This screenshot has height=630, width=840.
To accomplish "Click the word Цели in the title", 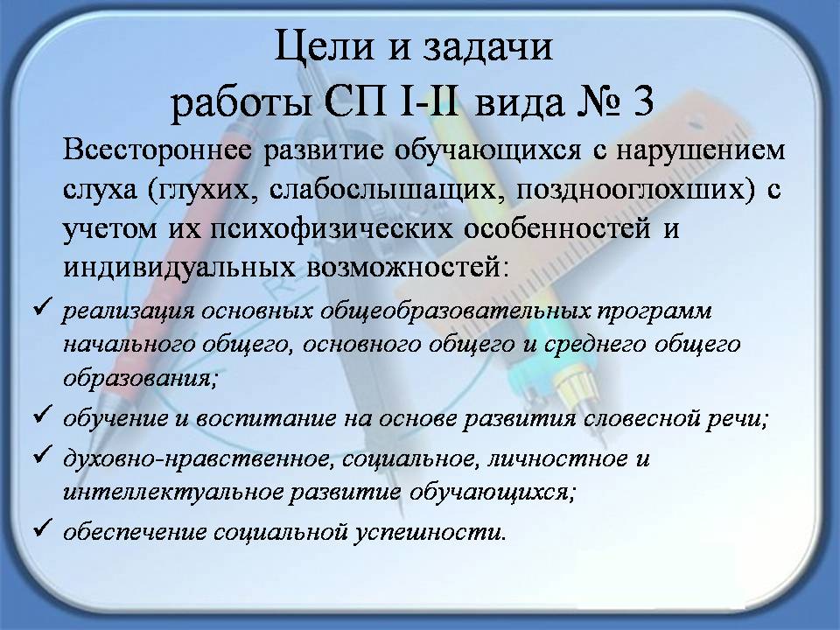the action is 323,46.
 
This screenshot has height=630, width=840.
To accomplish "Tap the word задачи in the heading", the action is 487,47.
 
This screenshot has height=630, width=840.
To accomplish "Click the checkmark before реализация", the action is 42,307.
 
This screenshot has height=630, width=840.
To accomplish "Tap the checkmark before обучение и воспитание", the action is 42,414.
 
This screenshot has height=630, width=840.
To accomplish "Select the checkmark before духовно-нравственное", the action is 42,454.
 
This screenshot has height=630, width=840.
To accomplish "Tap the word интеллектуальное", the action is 173,492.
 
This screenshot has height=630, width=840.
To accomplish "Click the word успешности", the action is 430,532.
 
